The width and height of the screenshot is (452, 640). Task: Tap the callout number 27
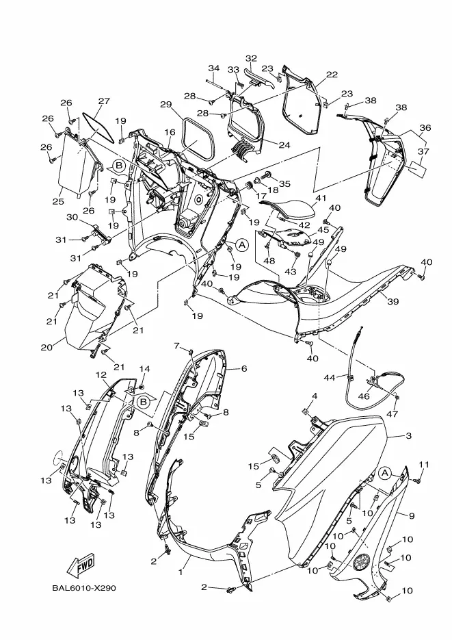click(x=103, y=102)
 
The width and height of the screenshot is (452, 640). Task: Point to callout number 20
click(x=46, y=347)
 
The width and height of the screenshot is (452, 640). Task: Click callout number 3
click(x=408, y=435)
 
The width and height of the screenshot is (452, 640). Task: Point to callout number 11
click(x=423, y=465)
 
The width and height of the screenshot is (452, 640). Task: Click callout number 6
click(x=243, y=368)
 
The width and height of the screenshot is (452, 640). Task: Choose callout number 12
click(x=101, y=375)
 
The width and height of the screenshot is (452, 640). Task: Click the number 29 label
click(x=165, y=105)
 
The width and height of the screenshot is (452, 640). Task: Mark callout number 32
click(x=251, y=59)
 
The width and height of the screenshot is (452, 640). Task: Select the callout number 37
click(x=423, y=151)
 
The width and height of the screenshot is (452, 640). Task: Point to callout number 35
click(x=284, y=183)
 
